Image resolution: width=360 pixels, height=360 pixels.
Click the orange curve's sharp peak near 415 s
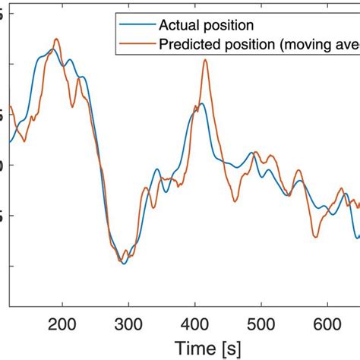(x=205, y=61)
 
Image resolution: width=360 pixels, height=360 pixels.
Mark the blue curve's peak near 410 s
(x=202, y=104)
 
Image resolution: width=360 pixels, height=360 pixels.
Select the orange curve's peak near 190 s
(x=56, y=39)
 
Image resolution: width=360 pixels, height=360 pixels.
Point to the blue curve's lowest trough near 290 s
(x=124, y=263)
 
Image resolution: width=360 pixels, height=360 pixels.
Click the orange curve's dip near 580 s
(x=314, y=236)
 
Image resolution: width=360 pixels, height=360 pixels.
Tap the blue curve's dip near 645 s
(x=355, y=237)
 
